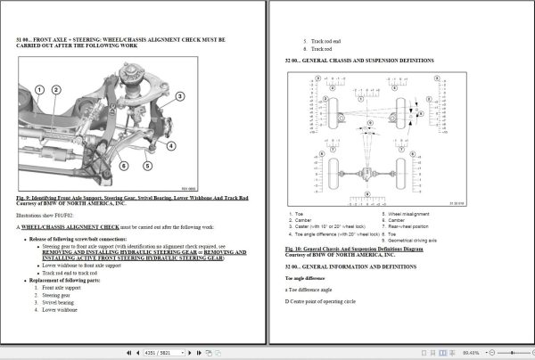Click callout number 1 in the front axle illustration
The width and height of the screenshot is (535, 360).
point(40,90)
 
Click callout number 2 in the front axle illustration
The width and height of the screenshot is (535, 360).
point(55,90)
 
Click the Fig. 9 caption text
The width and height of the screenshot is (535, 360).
point(132,197)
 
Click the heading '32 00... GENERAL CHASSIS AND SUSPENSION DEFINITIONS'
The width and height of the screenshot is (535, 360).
point(359,60)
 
